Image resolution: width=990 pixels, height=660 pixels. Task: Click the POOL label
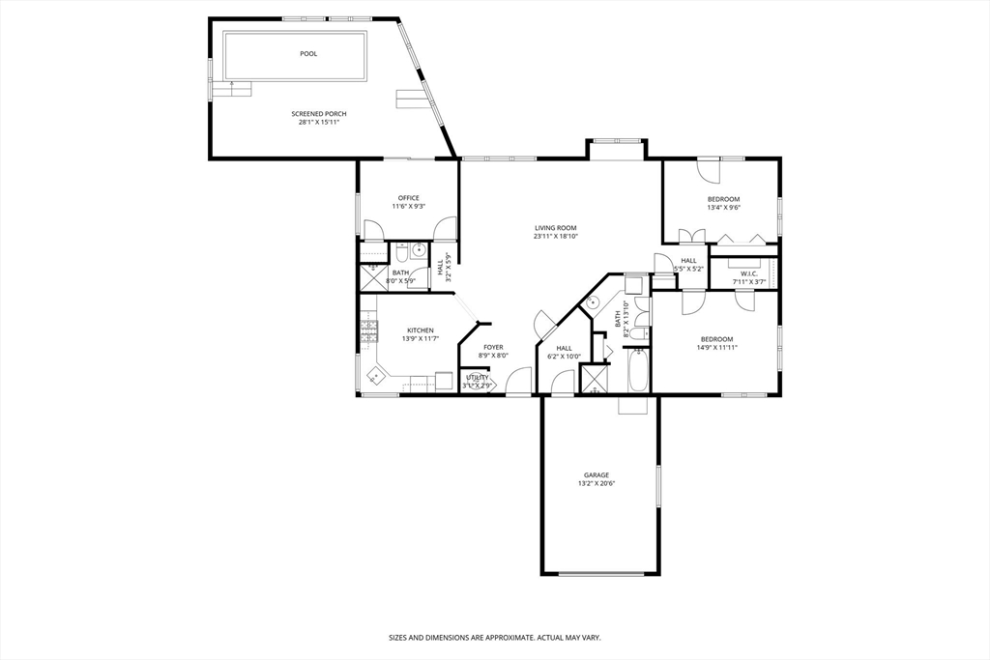click(x=308, y=54)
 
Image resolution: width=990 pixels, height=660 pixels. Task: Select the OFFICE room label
click(x=409, y=198)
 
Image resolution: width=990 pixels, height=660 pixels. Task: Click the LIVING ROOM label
click(x=555, y=228)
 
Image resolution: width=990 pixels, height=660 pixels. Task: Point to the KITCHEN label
click(x=420, y=330)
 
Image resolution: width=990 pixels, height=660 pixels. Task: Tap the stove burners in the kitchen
click(x=367, y=334)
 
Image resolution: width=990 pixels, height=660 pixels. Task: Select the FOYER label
click(x=493, y=347)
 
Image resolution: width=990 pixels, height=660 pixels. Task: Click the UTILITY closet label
click(x=478, y=377)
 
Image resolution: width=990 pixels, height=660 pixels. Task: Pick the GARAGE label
click(x=596, y=475)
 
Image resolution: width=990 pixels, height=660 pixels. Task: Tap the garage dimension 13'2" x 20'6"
click(x=596, y=483)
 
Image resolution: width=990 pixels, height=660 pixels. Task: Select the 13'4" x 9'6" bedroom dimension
click(x=723, y=207)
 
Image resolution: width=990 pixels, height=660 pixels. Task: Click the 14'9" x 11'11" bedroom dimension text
click(x=716, y=347)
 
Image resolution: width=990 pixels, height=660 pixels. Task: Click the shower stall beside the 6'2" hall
click(x=594, y=378)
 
